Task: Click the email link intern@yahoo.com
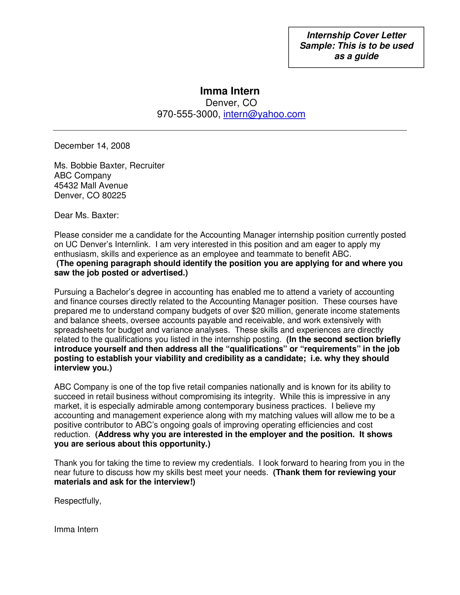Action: pyautogui.click(x=264, y=114)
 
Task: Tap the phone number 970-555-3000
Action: pyautogui.click(x=188, y=114)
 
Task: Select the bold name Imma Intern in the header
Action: pyautogui.click(x=230, y=91)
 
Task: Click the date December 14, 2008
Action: pyautogui.click(x=92, y=146)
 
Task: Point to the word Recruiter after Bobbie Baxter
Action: pyautogui.click(x=147, y=166)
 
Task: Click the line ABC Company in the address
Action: pyautogui.click(x=83, y=176)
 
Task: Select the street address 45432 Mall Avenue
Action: pyautogui.click(x=91, y=186)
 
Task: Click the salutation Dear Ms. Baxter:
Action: pyautogui.click(x=86, y=215)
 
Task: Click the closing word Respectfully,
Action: pyautogui.click(x=78, y=501)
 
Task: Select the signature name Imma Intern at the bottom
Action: pyautogui.click(x=76, y=529)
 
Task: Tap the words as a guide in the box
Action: pyautogui.click(x=356, y=56)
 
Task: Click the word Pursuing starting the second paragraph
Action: pyautogui.click(x=71, y=292)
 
